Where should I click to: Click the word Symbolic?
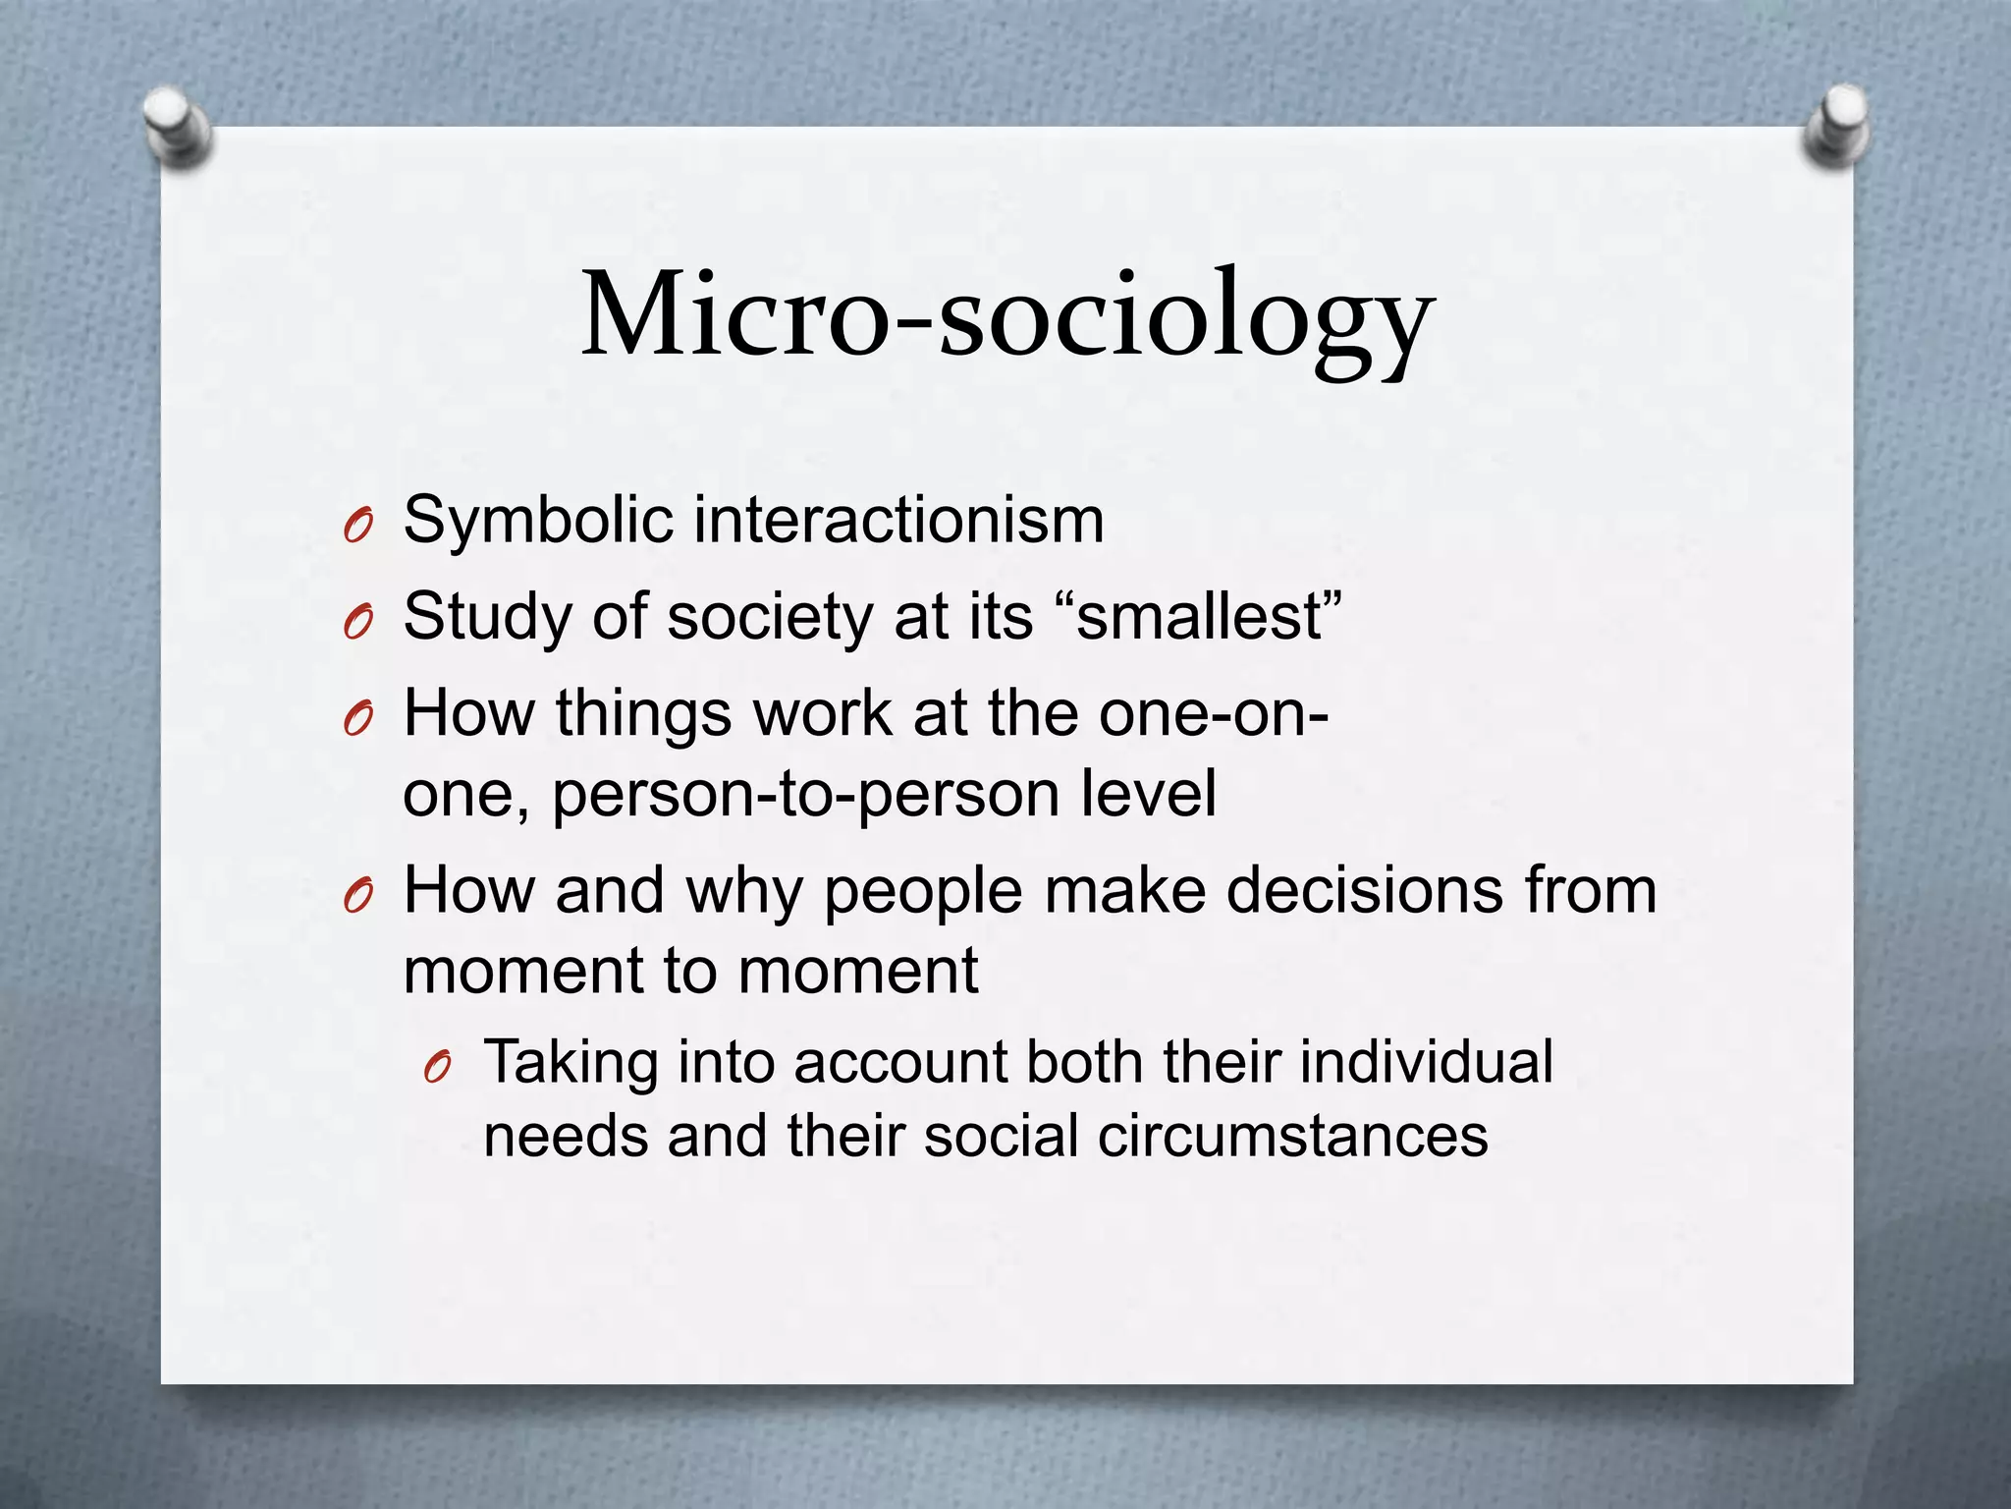coord(538,521)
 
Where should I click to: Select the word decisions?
coord(1365,890)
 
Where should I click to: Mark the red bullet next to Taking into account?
coord(438,1068)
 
